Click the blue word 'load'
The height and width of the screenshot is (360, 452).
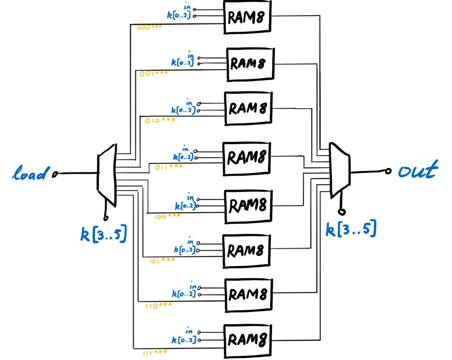(30, 173)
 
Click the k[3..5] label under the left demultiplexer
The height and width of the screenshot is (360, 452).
(104, 234)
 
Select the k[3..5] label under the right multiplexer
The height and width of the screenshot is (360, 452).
(351, 229)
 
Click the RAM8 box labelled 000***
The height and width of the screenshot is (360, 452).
(247, 17)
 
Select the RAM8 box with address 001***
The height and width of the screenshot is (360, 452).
(250, 64)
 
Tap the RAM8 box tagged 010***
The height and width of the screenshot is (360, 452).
(248, 108)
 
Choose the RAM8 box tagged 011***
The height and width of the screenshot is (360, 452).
(246, 158)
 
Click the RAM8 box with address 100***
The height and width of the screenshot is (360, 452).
(248, 206)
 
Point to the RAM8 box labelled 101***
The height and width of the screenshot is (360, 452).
(246, 251)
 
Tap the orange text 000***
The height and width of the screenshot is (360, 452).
(149, 27)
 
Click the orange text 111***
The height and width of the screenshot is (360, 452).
(155, 353)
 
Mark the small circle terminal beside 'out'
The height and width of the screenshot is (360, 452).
(388, 171)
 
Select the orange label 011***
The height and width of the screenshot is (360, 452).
(169, 167)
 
